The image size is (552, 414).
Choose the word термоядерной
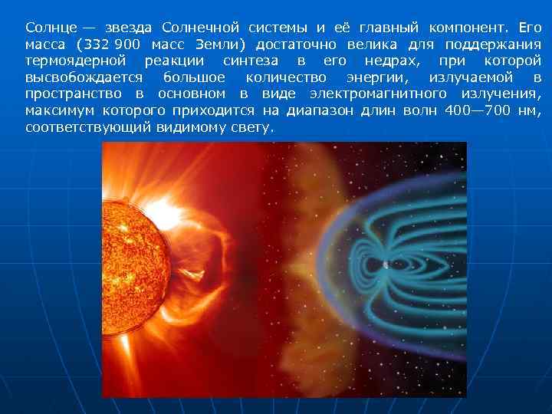(74, 61)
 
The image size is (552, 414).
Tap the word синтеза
(248, 61)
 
